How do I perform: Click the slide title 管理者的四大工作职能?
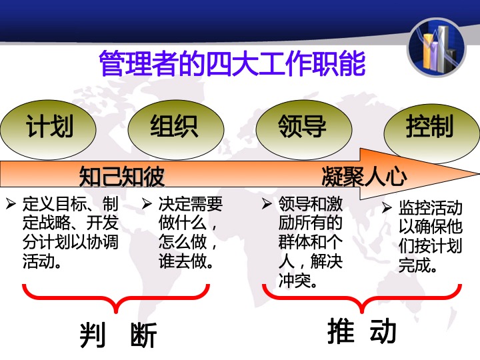coord(233,63)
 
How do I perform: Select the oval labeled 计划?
coord(48,130)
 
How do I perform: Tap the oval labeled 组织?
coord(176,130)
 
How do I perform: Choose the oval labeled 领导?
coord(304,130)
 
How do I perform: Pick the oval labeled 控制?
coord(431,131)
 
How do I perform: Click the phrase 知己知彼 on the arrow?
coord(121,176)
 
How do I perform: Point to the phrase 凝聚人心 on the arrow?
coord(364,176)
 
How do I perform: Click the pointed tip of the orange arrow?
coord(479,173)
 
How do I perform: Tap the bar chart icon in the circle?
coord(437,47)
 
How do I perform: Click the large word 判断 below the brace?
coord(119,335)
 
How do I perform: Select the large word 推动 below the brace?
coord(361,331)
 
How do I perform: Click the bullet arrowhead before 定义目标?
coord(11,203)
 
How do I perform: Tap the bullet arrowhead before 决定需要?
coord(147,203)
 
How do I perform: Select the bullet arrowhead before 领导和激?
coord(267,203)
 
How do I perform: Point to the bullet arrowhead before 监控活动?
coord(387,208)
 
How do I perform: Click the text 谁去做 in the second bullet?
coord(182,261)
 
